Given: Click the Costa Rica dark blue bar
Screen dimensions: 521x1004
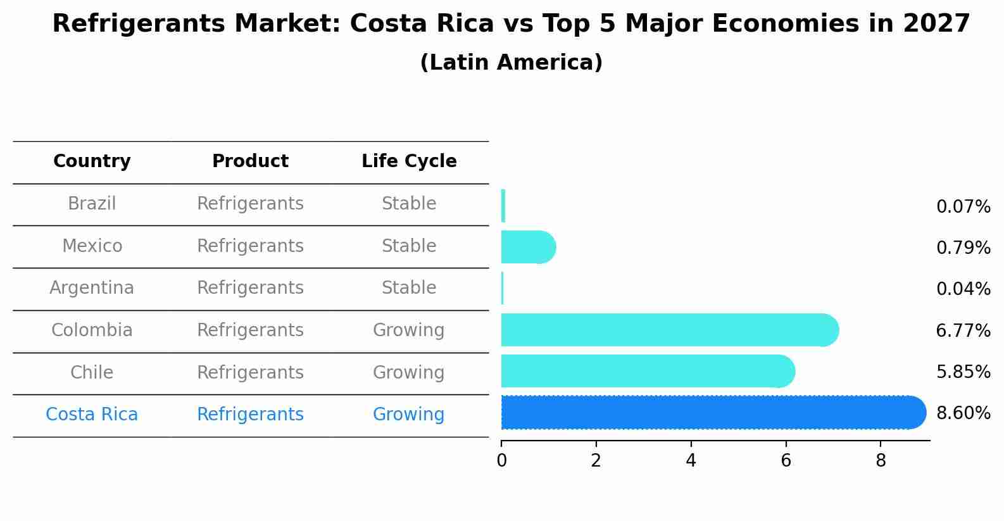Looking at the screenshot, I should pos(712,413).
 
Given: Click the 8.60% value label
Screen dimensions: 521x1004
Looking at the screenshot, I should pos(963,413).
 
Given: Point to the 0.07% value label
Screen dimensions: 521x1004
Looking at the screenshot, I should pos(963,207).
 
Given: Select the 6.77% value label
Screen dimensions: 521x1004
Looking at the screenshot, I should pos(963,330).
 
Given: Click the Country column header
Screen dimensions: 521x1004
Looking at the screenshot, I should pos(92,161).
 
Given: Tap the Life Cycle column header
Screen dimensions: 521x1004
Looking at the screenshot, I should pos(409,161).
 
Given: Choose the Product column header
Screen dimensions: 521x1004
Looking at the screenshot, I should pos(250,161).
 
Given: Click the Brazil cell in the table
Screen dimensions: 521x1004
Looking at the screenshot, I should pos(92,204).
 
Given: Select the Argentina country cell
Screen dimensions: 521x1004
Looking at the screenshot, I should pos(92,288).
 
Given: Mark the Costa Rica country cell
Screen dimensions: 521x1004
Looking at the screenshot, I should pos(92,415).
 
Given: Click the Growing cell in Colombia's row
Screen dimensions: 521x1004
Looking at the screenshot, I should pos(408,330).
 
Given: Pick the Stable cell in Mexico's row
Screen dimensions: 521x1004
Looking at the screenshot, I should pos(408,246).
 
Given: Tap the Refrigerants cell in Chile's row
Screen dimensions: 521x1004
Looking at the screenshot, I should pos(250,372).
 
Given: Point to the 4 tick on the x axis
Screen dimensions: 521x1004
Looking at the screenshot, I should pos(691,461).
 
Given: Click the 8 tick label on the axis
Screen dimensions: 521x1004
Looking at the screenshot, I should pos(881,461).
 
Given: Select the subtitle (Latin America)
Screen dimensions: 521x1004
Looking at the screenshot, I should pos(511,63).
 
